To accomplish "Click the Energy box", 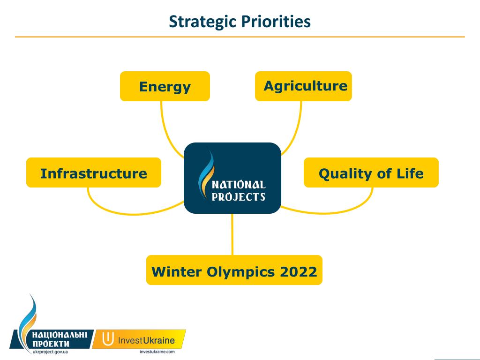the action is [x=165, y=86].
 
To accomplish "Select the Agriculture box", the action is [x=303, y=86].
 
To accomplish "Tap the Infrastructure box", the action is [x=94, y=172].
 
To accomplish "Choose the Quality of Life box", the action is [x=371, y=172].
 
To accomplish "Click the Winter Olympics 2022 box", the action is [x=234, y=270].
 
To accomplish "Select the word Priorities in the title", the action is [x=276, y=22].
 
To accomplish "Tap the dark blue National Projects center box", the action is [x=232, y=178].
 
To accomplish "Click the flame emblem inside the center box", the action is [x=206, y=175].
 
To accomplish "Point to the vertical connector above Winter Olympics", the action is [x=232, y=234].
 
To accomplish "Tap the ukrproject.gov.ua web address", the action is [x=50, y=352].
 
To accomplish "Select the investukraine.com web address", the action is [x=157, y=352].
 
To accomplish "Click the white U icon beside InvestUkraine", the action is [x=107, y=338].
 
